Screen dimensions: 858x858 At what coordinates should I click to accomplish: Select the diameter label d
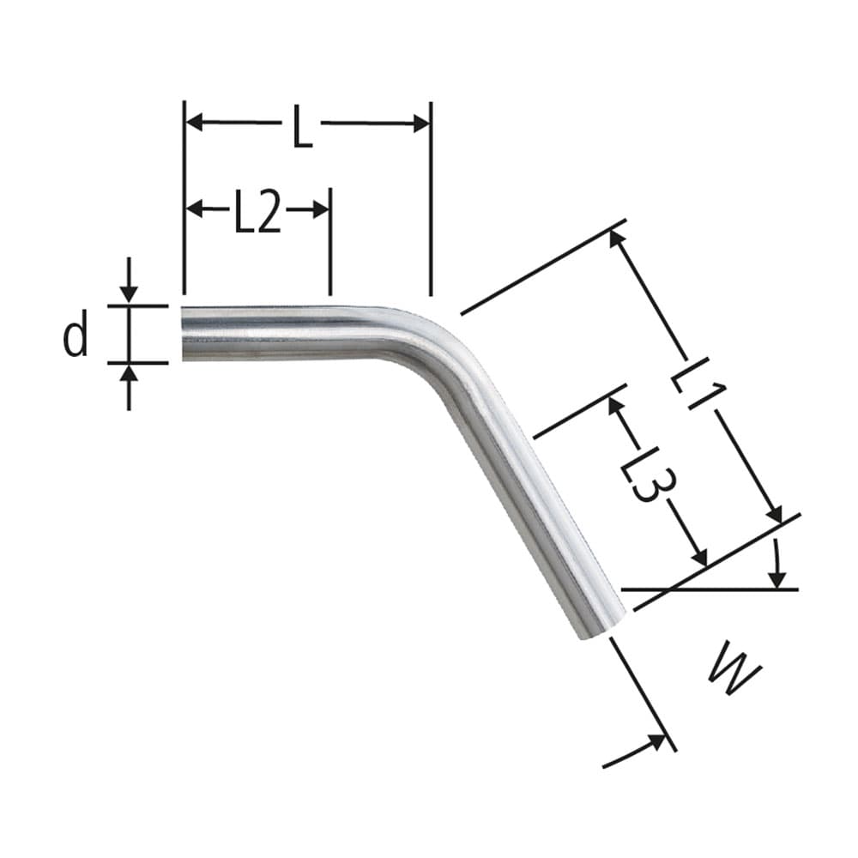(x=76, y=335)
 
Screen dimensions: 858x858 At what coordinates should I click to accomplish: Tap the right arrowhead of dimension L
(x=420, y=124)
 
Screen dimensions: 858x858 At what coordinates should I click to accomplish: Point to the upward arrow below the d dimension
(x=129, y=375)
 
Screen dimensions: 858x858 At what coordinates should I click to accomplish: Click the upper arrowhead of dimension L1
(x=616, y=238)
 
